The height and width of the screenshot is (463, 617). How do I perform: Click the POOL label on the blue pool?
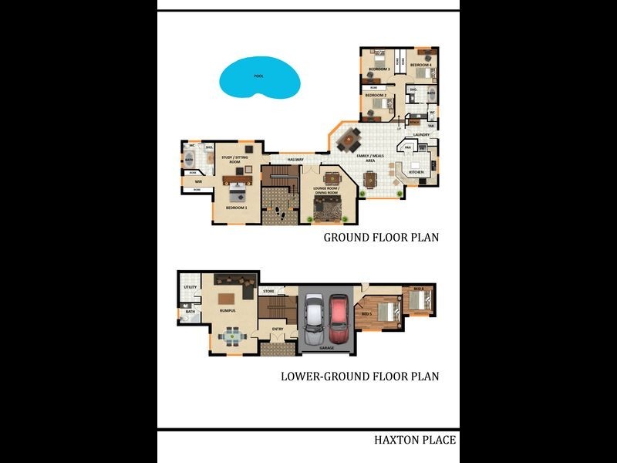point(258,76)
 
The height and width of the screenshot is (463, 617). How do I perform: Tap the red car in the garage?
point(339,319)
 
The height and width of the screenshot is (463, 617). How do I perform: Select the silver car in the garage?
point(315,319)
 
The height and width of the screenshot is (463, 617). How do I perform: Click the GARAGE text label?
point(326,348)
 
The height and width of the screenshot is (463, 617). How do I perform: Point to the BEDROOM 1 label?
point(236,208)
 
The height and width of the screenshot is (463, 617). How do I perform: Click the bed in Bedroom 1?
point(236,194)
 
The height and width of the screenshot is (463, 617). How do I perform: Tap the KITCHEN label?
point(416,172)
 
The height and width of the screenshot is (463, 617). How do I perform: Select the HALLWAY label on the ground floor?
point(296,159)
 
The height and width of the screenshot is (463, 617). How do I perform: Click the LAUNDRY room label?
point(421,135)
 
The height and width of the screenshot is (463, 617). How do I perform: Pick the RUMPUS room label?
point(227,311)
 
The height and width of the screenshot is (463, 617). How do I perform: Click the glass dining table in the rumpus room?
point(231,336)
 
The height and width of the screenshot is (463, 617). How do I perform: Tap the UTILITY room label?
point(190,288)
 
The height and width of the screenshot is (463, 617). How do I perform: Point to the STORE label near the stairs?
point(268,292)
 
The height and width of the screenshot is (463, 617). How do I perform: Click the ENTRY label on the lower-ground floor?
point(278,329)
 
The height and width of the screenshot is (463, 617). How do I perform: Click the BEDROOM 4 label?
point(420,65)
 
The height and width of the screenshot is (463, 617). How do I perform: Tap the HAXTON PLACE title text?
point(415,441)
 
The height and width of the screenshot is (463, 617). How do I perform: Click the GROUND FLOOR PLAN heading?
point(381,238)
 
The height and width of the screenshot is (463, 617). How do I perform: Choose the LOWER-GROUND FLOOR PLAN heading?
point(359,377)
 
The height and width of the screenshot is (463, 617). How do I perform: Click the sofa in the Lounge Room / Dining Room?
point(331,207)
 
